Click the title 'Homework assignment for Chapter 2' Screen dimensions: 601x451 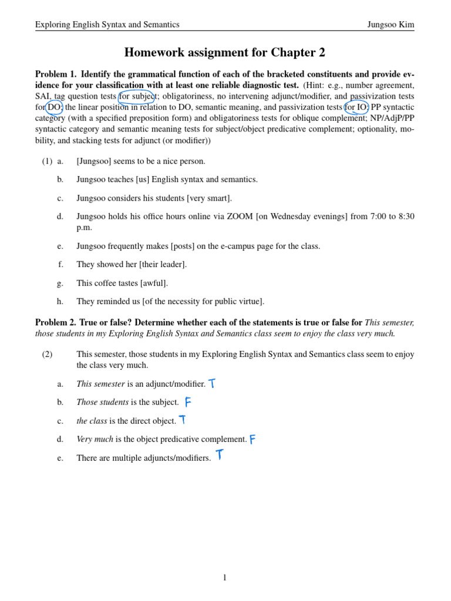click(225, 53)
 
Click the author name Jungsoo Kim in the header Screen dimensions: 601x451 click(391, 25)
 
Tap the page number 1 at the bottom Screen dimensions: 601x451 click(225, 578)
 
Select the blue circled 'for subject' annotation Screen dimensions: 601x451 click(137, 96)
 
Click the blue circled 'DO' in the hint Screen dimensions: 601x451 click(54, 107)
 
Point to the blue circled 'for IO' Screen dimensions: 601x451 click(356, 107)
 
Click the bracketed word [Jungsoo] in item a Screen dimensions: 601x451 click(94, 161)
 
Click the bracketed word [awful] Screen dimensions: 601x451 click(154, 283)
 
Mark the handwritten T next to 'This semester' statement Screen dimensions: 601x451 click(212, 384)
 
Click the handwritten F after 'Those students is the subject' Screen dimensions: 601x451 click(188, 402)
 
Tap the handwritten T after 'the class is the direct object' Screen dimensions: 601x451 click(183, 420)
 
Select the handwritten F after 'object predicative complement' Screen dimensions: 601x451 click(253, 439)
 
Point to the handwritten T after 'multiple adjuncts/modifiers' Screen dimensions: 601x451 click(219, 455)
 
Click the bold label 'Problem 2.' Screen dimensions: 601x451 click(56, 323)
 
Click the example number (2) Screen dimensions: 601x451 click(47, 354)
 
